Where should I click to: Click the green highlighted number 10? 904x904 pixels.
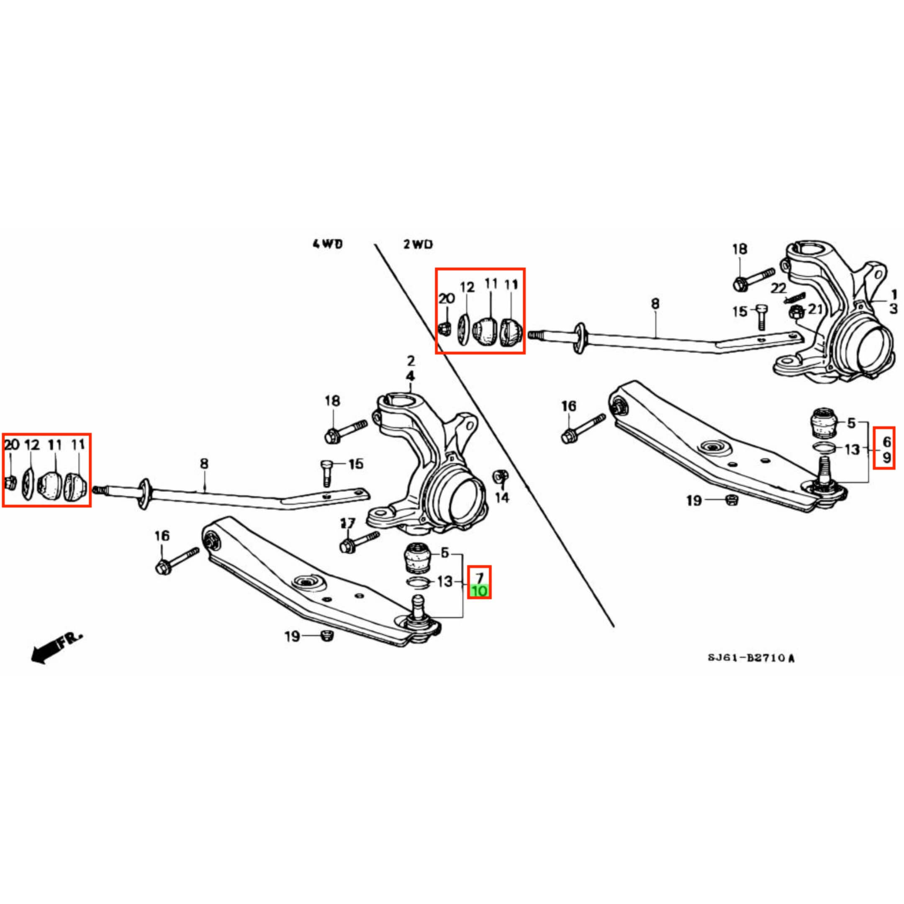tap(479, 591)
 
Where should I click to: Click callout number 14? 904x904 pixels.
tap(502, 497)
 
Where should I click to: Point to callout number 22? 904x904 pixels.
tap(778, 288)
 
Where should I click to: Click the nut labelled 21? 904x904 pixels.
tap(796, 312)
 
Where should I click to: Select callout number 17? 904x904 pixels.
tap(348, 523)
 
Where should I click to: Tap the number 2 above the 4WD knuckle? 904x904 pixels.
tap(410, 361)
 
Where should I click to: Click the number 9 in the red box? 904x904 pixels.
tap(886, 457)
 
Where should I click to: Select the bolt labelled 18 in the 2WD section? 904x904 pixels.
tap(753, 278)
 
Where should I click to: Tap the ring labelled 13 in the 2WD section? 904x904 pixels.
tap(824, 447)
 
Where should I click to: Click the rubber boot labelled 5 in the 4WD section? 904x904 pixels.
tap(416, 558)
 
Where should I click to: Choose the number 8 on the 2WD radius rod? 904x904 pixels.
tap(655, 304)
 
